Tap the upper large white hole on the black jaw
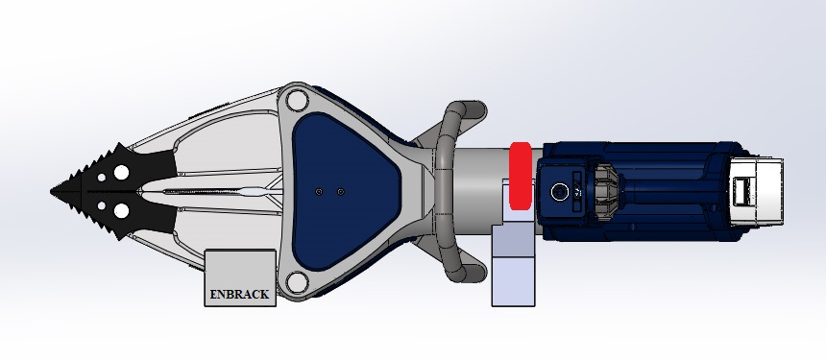(122, 171)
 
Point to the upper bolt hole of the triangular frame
(297, 100)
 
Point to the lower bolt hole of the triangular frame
(297, 281)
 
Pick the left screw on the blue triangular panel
(318, 192)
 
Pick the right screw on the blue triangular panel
(341, 192)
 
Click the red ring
(520, 175)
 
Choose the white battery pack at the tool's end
(759, 191)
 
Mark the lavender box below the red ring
(512, 269)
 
